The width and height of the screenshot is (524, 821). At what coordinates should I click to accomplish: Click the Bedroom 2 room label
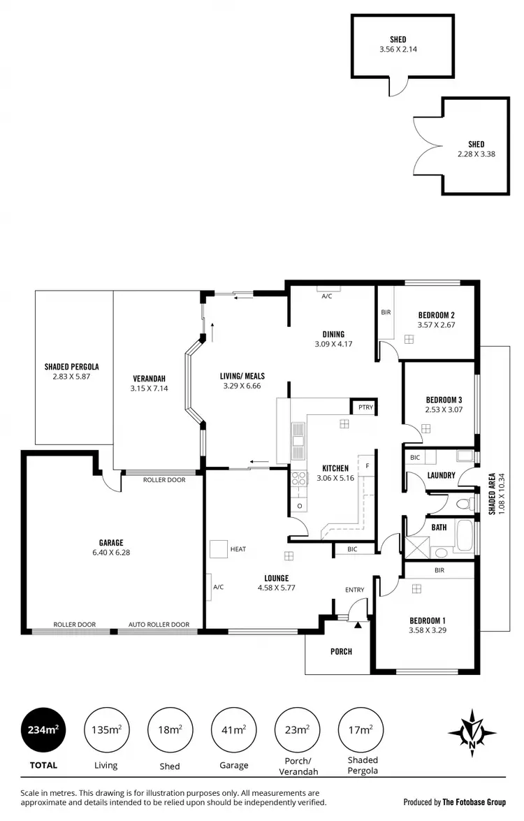tap(437, 314)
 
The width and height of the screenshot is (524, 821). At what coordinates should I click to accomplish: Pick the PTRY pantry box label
tap(364, 407)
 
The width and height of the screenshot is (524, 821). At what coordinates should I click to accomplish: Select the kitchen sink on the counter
tap(298, 435)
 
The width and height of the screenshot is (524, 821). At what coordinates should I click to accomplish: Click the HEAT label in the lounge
tap(238, 549)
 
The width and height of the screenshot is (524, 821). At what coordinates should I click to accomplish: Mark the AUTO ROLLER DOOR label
tap(159, 625)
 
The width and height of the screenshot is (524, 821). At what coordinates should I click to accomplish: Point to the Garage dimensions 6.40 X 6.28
tap(110, 552)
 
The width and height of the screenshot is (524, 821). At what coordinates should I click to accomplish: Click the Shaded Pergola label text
tap(71, 366)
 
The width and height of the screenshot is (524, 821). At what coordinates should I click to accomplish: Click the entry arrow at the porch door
tap(358, 624)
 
